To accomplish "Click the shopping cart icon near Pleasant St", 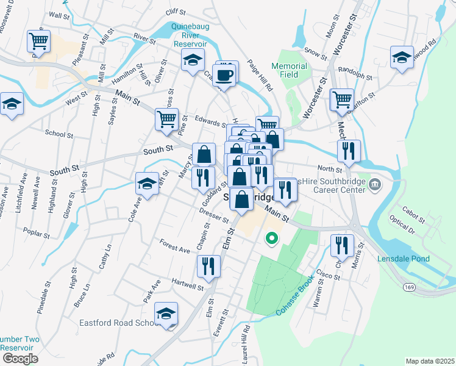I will [x=38, y=41].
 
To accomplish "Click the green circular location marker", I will [x=269, y=238].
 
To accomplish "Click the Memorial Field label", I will [x=289, y=70].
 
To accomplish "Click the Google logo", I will [x=20, y=358].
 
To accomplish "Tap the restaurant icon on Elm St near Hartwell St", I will [x=208, y=266].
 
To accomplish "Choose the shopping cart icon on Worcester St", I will [x=341, y=99].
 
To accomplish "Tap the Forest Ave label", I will [x=175, y=248].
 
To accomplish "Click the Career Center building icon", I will [x=375, y=184].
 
